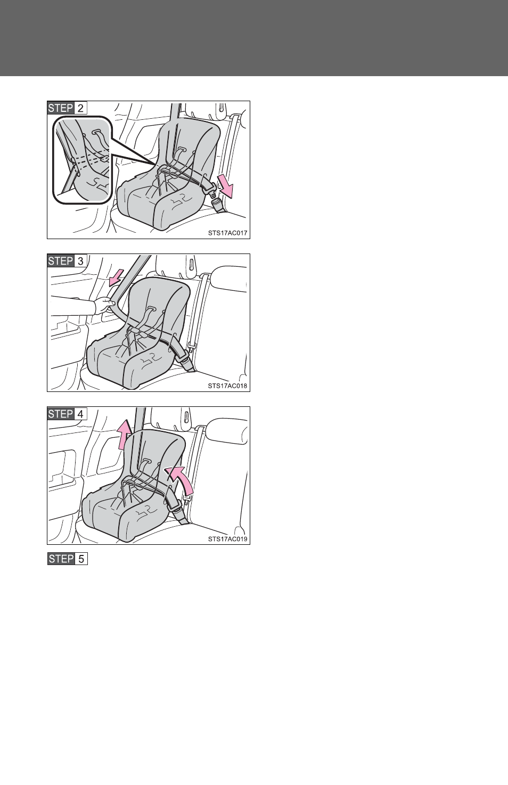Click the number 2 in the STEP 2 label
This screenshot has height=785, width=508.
pyautogui.click(x=80, y=108)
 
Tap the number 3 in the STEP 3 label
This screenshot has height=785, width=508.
pyautogui.click(x=80, y=261)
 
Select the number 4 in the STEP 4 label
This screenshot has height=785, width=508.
pyautogui.click(x=80, y=414)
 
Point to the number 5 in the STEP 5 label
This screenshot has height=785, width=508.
pyautogui.click(x=81, y=559)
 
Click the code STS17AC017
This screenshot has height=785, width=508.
pyautogui.click(x=227, y=233)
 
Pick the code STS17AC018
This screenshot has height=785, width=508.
pyautogui.click(x=227, y=386)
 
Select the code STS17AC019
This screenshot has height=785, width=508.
pyautogui.click(x=227, y=538)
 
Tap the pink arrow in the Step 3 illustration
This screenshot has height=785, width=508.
pyautogui.click(x=116, y=277)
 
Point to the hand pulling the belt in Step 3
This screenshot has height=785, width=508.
pyautogui.click(x=104, y=304)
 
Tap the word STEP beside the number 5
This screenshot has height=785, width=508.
pyautogui.click(x=61, y=559)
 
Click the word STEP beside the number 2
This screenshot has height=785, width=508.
pyautogui.click(x=61, y=108)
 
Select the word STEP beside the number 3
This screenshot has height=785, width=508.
pyautogui.click(x=61, y=261)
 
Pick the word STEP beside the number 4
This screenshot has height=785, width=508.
pyautogui.click(x=61, y=414)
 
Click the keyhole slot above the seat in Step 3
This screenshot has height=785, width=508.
pyautogui.click(x=192, y=264)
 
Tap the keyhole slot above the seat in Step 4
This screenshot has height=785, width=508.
pyautogui.click(x=185, y=418)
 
